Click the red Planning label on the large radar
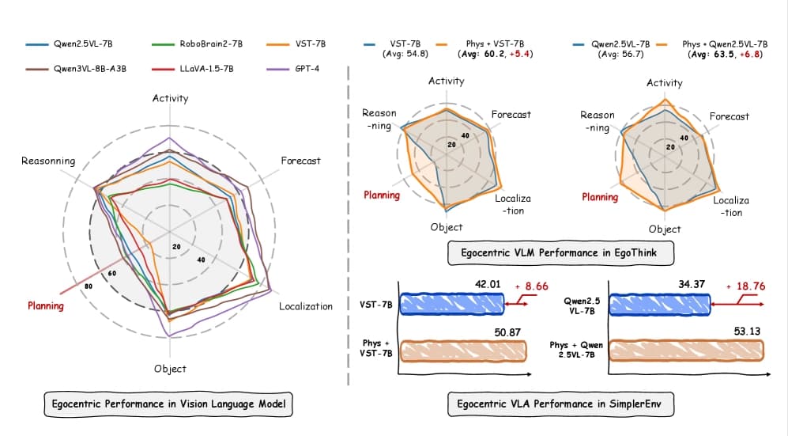point(45,305)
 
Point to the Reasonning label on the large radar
point(48,161)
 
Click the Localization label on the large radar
point(306,306)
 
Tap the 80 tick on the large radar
point(88,286)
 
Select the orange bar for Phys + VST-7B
point(463,349)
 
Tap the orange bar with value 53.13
point(688,349)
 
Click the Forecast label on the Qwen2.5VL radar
point(729,116)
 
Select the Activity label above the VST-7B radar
point(447,81)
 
